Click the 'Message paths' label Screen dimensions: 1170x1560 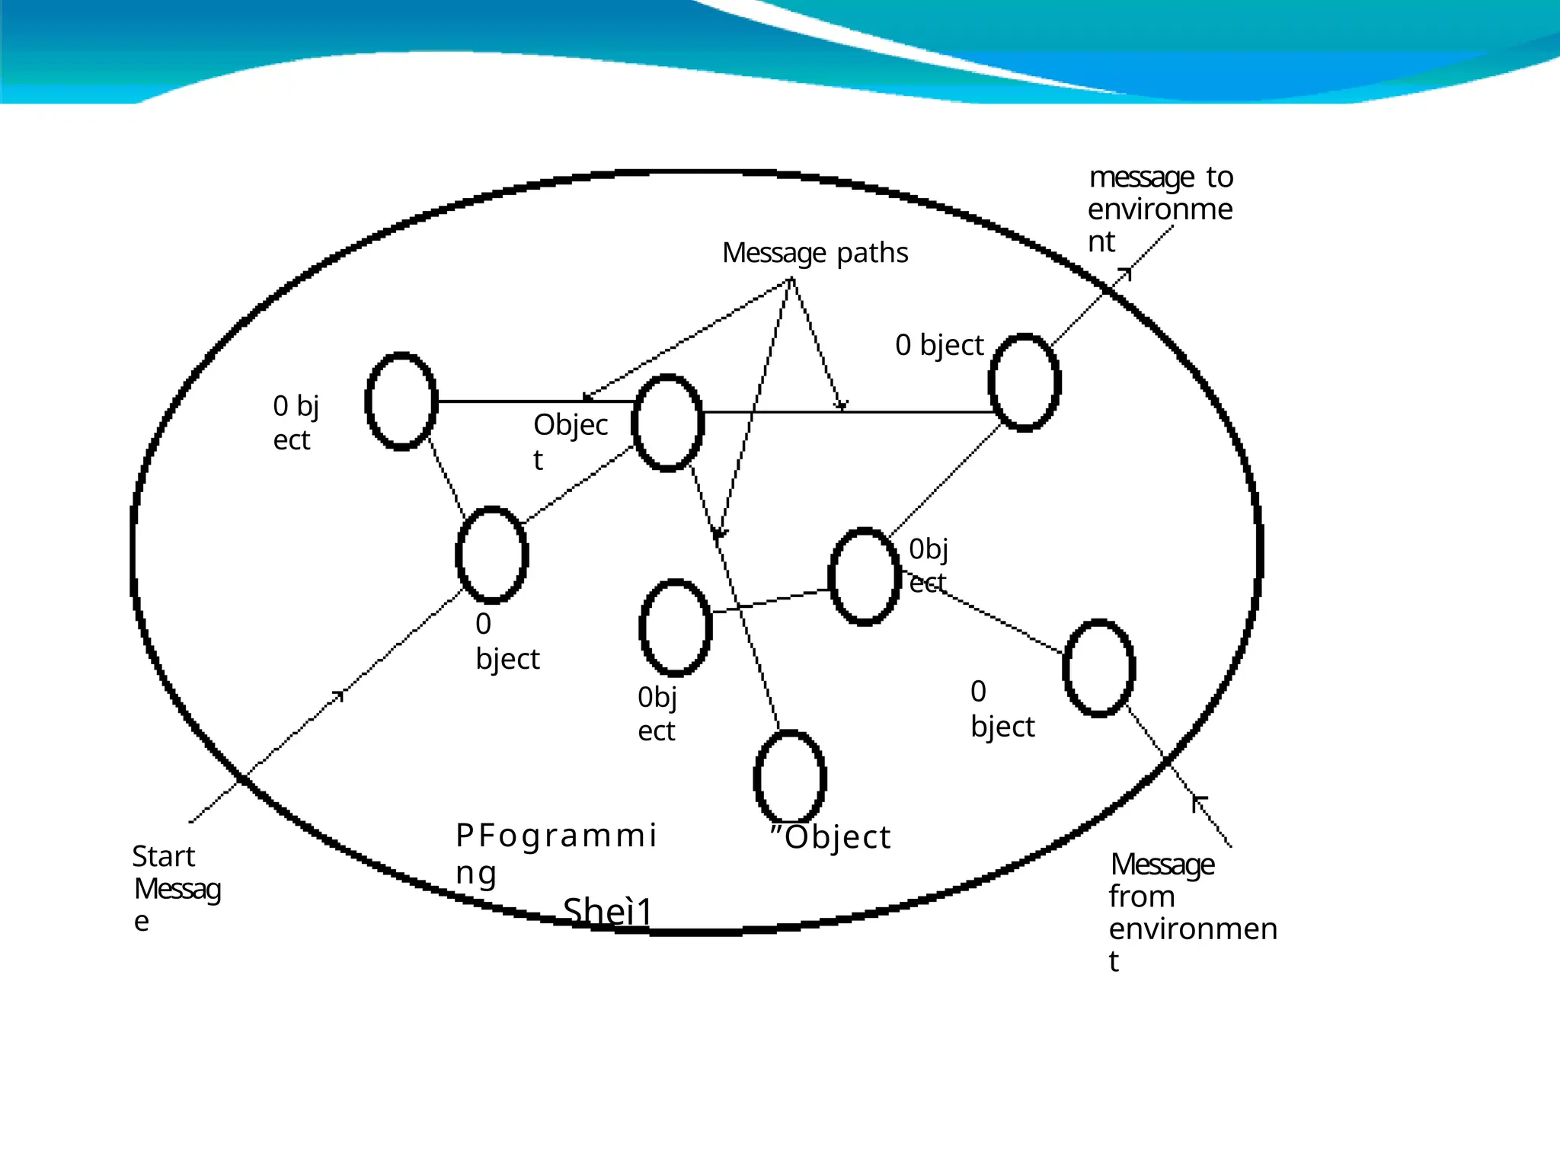814,253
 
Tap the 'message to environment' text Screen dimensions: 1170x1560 1160,209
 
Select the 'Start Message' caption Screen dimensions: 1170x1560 176,888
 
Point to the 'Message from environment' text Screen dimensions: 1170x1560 1188,912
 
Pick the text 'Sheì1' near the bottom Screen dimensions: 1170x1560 608,911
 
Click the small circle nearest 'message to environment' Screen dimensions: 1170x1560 1025,382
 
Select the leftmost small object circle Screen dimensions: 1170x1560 401,401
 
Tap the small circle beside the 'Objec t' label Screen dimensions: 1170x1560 668,423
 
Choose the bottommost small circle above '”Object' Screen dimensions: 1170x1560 790,778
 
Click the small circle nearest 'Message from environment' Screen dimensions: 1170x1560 1098,668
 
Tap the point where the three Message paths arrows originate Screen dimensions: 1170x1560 791,279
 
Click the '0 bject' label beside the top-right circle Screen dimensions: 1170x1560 939,345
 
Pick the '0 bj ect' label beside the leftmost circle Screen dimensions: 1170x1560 296,422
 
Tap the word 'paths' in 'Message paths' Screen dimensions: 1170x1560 872,253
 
